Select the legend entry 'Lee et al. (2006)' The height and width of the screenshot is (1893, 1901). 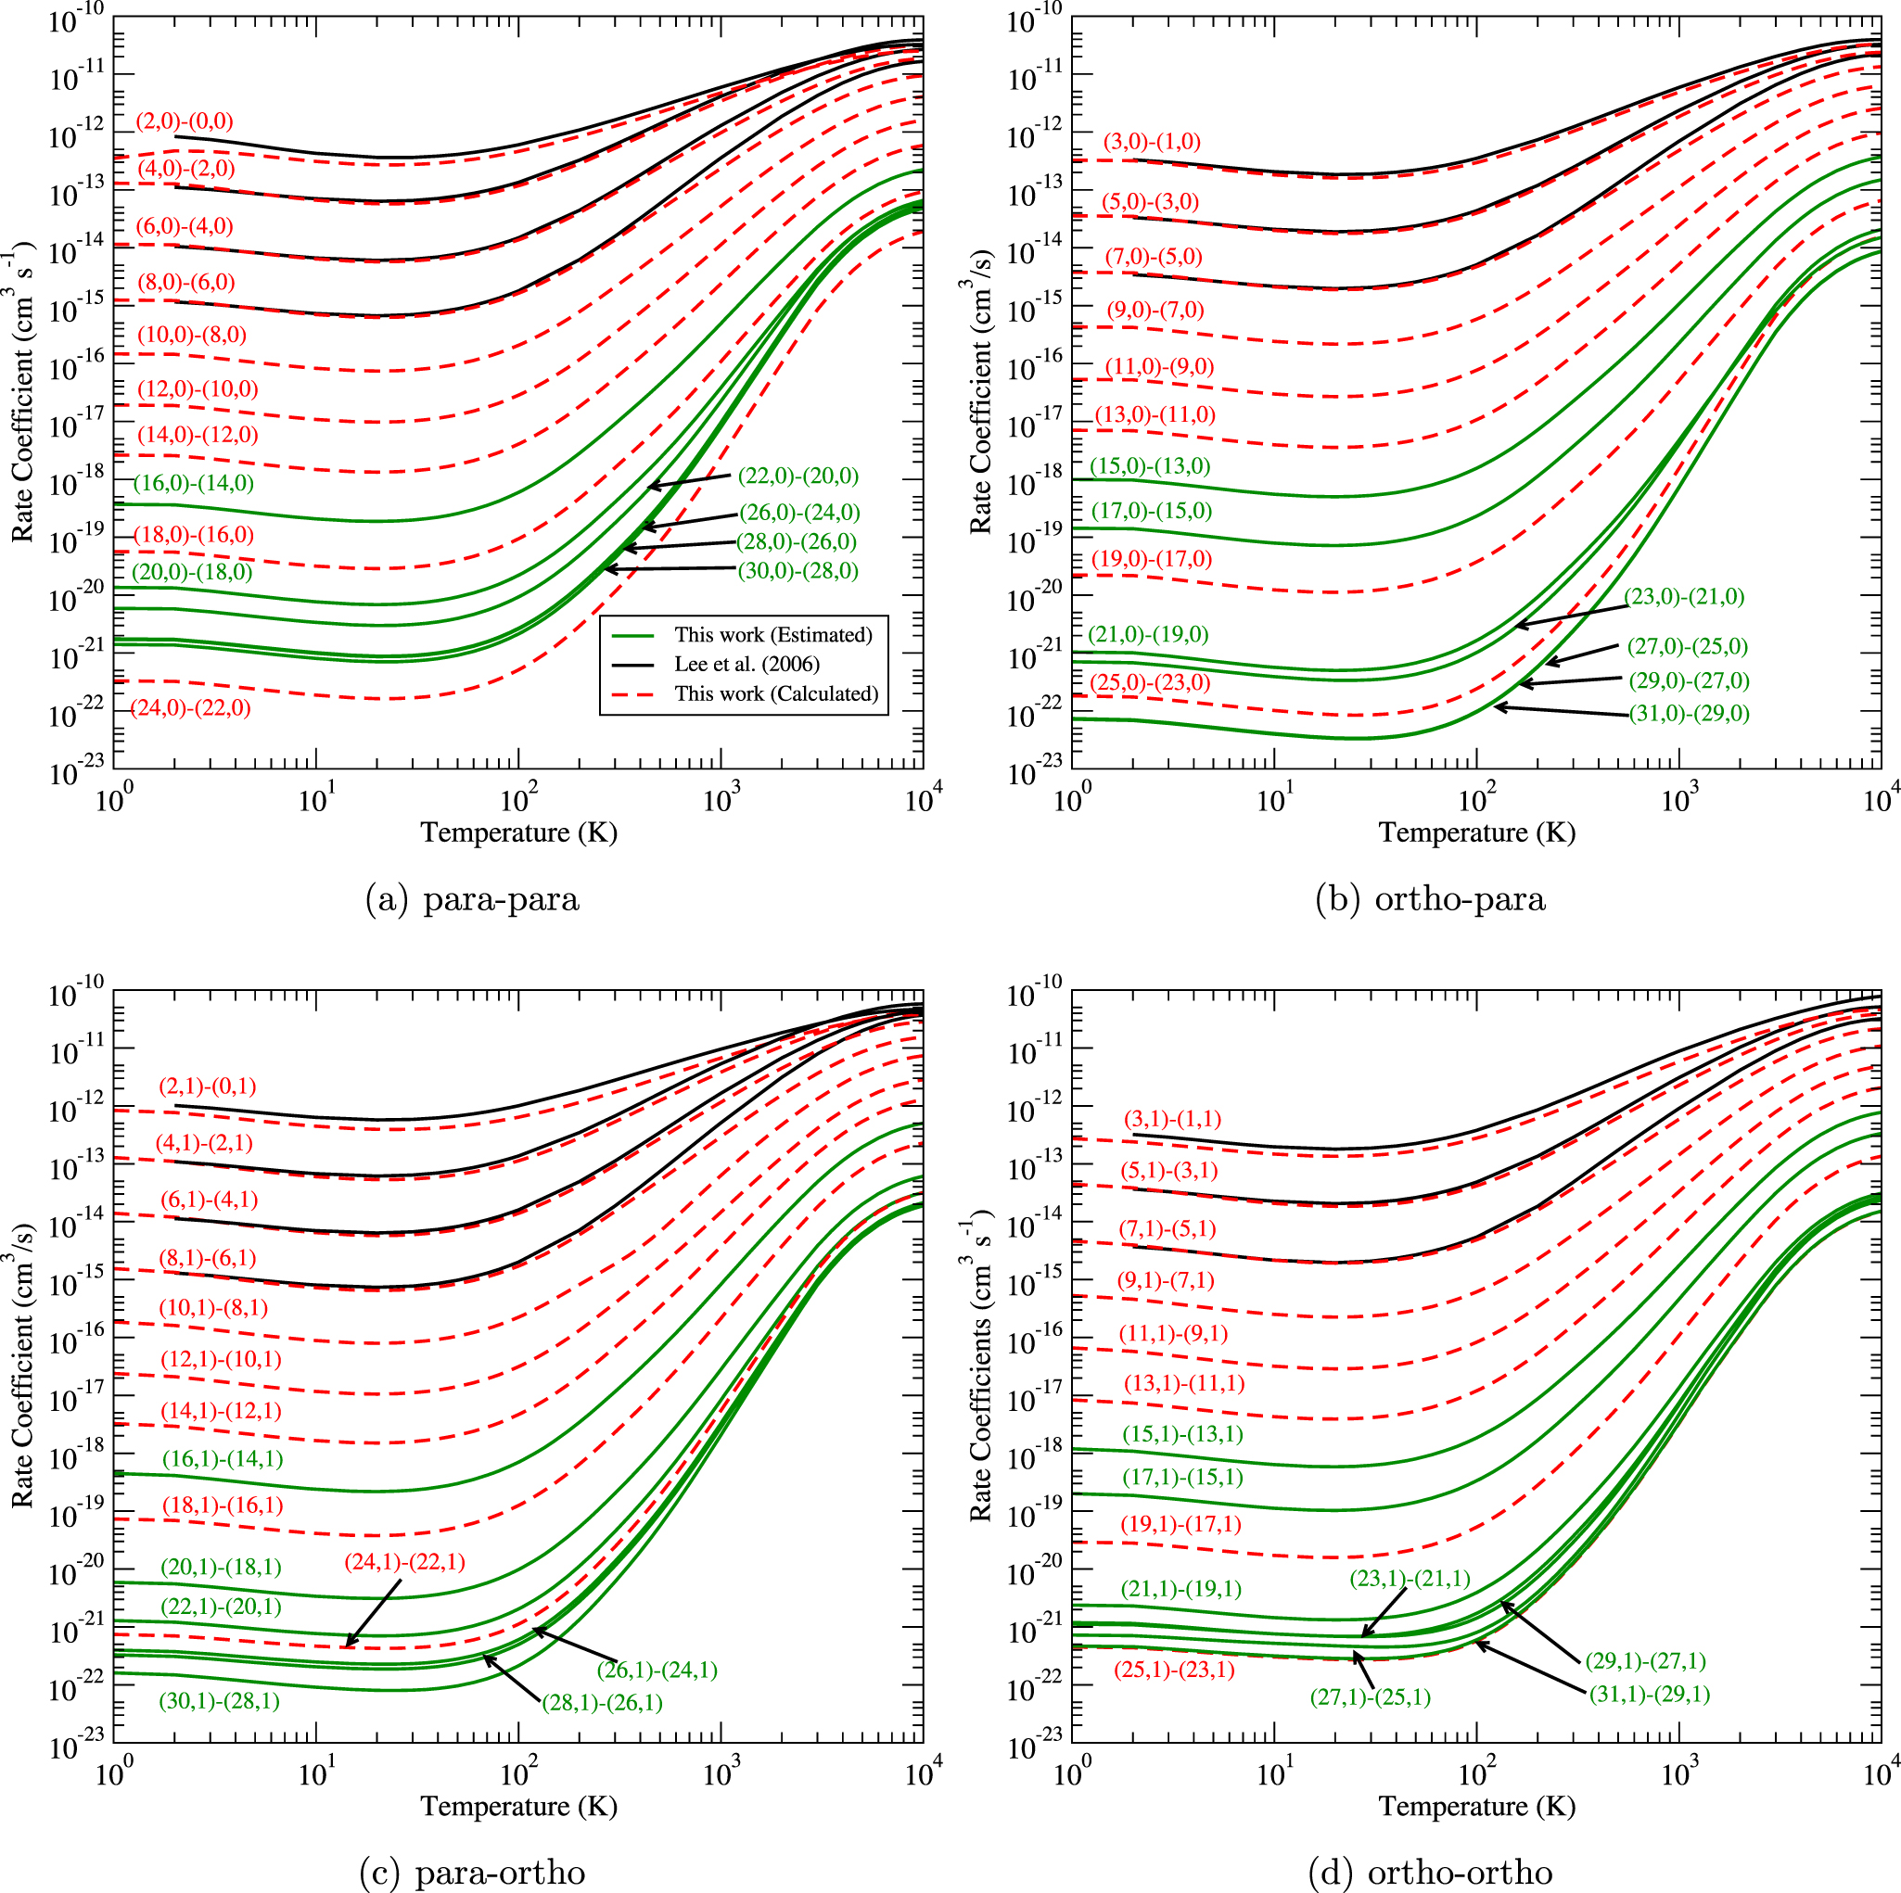pyautogui.click(x=746, y=664)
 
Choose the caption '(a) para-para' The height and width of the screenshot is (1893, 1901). pyautogui.click(x=471, y=899)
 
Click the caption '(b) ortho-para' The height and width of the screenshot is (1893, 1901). pyautogui.click(x=1430, y=899)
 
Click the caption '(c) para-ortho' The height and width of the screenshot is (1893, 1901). pyautogui.click(x=471, y=1873)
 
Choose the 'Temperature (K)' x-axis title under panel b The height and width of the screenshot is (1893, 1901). pyautogui.click(x=1476, y=832)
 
